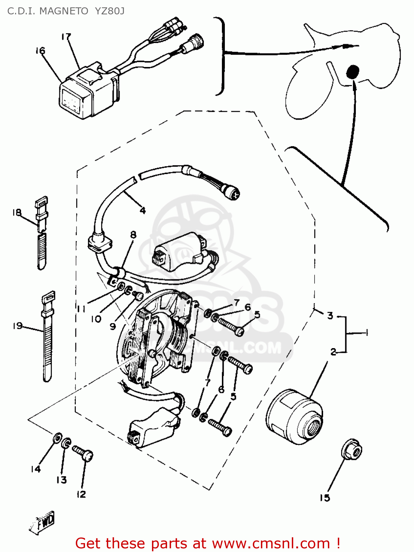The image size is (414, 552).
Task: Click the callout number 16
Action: [40, 50]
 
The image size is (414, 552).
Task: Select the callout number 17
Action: [66, 36]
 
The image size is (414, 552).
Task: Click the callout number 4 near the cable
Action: [143, 210]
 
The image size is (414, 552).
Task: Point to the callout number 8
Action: [133, 234]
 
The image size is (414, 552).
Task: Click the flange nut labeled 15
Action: [351, 449]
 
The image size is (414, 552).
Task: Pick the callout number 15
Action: [325, 498]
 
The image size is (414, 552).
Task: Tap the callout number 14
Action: [35, 469]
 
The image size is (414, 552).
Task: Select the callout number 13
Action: [61, 480]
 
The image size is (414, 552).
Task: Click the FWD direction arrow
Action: [42, 522]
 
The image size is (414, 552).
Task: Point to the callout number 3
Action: [330, 315]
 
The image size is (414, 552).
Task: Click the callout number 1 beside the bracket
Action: [366, 333]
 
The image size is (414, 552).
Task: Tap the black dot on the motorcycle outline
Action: [353, 72]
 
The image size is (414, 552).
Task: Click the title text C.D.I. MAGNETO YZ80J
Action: [66, 11]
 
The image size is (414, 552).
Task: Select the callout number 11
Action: [81, 308]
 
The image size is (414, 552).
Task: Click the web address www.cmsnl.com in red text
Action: [271, 543]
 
